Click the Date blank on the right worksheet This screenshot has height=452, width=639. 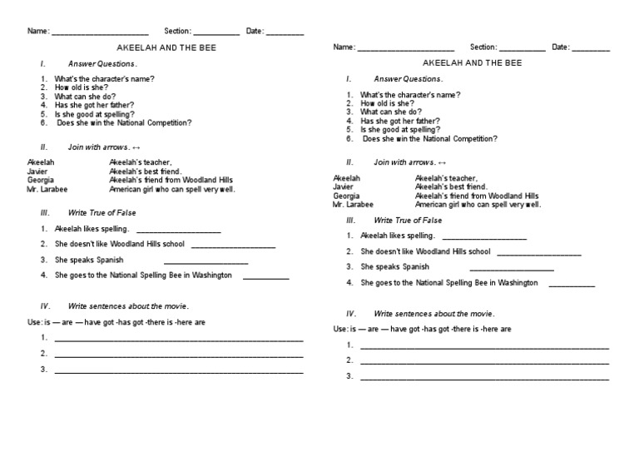tap(591, 49)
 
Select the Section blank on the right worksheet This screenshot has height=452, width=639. tap(523, 49)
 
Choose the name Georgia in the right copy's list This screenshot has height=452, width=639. tap(346, 196)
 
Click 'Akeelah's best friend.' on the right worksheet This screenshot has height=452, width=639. tap(450, 187)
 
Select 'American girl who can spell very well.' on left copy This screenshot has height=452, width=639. tap(171, 189)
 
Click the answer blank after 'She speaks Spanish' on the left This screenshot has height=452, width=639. tap(206, 262)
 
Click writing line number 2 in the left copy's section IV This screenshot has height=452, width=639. tap(178, 356)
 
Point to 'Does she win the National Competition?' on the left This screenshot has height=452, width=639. tap(124, 122)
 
